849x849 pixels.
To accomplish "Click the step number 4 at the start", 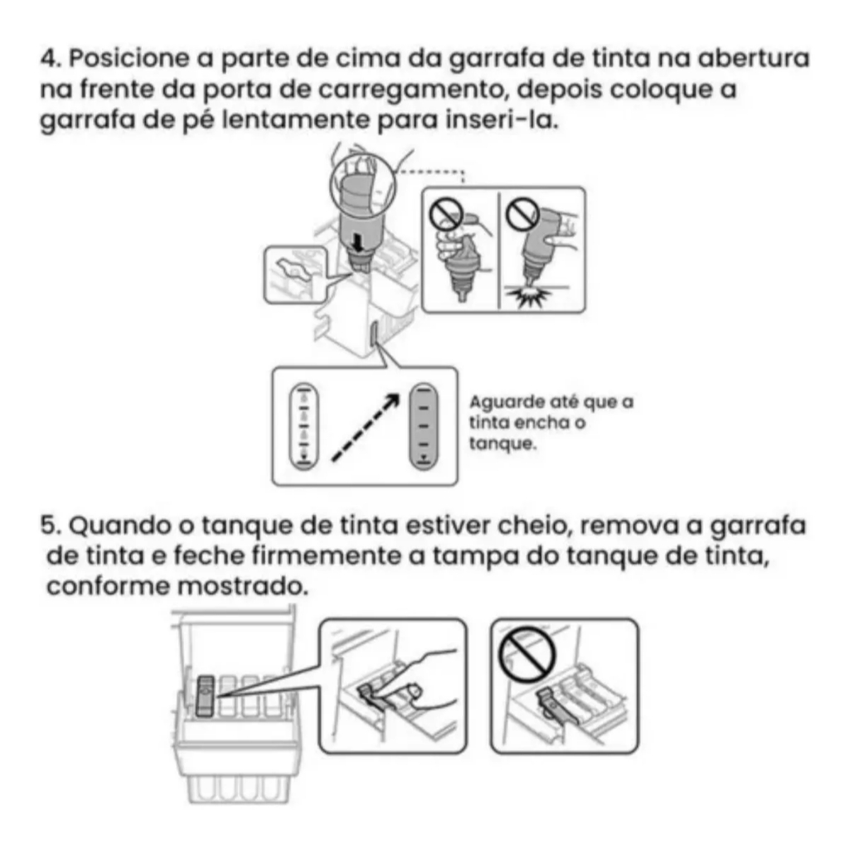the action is [51, 59].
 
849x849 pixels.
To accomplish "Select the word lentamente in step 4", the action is [296, 120].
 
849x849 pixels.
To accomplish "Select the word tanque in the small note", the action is [502, 444].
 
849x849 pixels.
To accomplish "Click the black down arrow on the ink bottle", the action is [357, 243].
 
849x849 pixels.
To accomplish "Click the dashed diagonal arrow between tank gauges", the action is [365, 428].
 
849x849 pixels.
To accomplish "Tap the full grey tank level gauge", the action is [424, 426].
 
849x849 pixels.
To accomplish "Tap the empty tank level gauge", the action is [303, 426].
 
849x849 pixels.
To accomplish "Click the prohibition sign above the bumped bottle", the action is [522, 213].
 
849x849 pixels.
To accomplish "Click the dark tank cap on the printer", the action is [206, 696].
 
